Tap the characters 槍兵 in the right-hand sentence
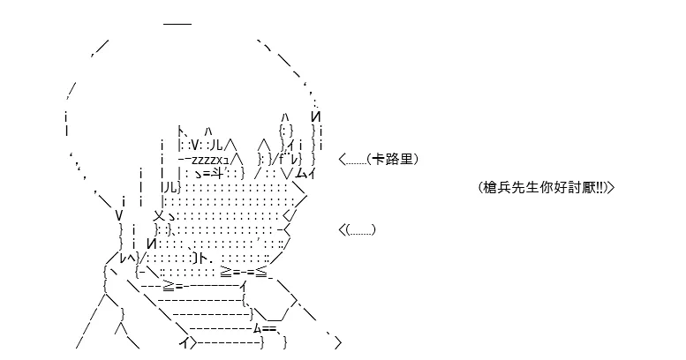point(496,188)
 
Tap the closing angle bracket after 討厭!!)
point(611,188)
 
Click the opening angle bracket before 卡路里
point(343,159)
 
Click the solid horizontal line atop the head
point(177,23)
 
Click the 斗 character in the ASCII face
point(217,173)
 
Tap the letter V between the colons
point(196,145)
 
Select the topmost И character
point(316,116)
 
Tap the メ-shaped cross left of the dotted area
point(159,215)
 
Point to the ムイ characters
point(305,173)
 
